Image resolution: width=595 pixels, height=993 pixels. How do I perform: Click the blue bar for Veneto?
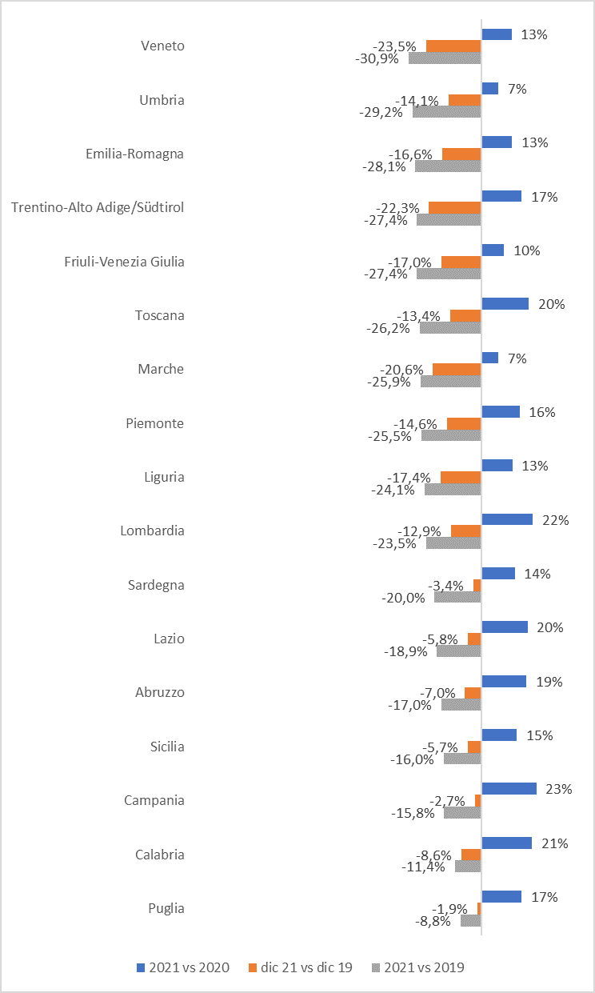pyautogui.click(x=497, y=34)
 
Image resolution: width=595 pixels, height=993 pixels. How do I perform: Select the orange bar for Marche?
pyautogui.click(x=457, y=369)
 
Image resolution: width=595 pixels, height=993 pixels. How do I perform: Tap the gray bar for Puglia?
pyautogui.click(x=470, y=920)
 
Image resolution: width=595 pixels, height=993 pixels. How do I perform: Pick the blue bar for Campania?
pyautogui.click(x=509, y=789)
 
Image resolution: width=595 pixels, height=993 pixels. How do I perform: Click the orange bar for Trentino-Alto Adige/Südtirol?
pyautogui.click(x=454, y=207)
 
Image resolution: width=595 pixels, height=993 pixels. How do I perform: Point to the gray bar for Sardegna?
pyautogui.click(x=457, y=596)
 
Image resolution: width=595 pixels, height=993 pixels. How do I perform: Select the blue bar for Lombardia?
pyautogui.click(x=507, y=519)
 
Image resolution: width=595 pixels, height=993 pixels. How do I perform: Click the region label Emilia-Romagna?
pyautogui.click(x=134, y=154)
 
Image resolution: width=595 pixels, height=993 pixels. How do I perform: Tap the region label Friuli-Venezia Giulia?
pyautogui.click(x=124, y=262)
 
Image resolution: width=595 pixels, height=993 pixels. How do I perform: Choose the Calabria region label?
pyautogui.click(x=159, y=855)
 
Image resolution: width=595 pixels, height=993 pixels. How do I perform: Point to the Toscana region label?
pyautogui.click(x=160, y=315)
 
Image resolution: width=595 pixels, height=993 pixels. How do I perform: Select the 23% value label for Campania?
pyautogui.click(x=558, y=789)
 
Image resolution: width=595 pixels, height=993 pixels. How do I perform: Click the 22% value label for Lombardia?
pyautogui.click(x=554, y=520)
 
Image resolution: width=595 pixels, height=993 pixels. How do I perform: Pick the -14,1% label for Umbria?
pyautogui.click(x=417, y=101)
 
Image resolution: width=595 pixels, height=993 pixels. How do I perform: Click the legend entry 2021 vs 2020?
pyautogui.click(x=183, y=967)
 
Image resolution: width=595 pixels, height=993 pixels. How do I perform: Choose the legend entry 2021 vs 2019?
pyautogui.click(x=417, y=967)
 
